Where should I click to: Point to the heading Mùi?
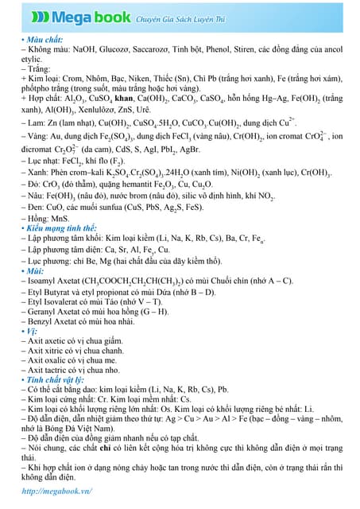tap(34, 271)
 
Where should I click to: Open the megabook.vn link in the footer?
tap(55, 491)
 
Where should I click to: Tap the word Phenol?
tap(233, 49)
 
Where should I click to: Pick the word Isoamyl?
tap(45, 282)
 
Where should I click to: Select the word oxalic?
tap(52, 359)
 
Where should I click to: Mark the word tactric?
tap(53, 370)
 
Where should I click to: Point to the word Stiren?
tap(264, 49)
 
